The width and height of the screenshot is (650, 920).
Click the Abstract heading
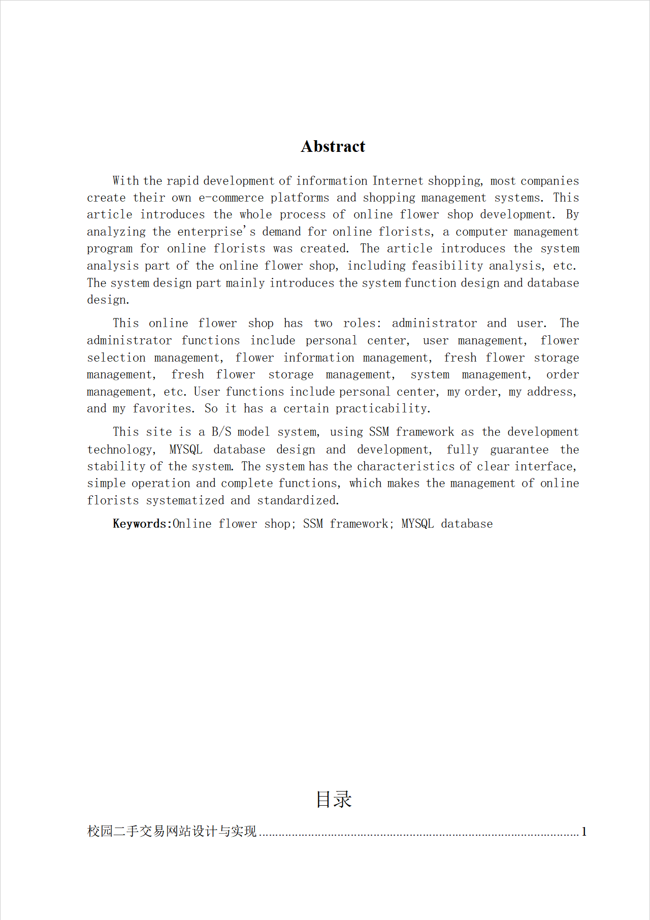pos(333,146)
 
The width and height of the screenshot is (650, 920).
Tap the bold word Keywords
pos(140,524)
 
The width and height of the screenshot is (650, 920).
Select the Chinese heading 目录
pos(333,800)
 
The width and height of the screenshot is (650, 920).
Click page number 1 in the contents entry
pos(584,832)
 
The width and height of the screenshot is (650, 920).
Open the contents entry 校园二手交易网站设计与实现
pos(172,832)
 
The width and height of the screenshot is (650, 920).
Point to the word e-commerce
pos(231,198)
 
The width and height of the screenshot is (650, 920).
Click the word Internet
pos(398,181)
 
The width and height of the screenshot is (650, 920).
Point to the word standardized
pos(297,500)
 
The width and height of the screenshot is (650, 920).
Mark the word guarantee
pos(519,450)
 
